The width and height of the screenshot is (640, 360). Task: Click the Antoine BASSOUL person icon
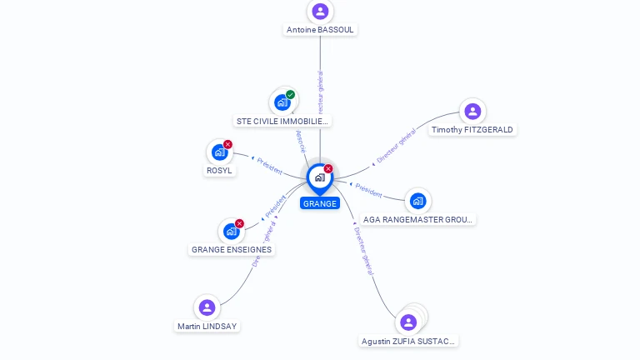(320, 12)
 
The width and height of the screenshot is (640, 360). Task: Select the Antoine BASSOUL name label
(320, 30)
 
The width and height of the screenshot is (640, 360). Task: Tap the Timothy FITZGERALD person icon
(472, 112)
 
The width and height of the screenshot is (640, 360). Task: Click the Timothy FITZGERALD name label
(472, 130)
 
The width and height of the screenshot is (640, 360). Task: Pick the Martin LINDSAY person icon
(207, 307)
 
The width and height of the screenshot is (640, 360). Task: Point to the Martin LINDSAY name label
(207, 327)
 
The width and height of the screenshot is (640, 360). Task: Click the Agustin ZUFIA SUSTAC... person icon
(408, 322)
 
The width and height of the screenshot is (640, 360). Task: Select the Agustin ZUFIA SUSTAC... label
(409, 342)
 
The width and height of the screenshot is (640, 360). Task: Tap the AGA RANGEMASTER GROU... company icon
(417, 201)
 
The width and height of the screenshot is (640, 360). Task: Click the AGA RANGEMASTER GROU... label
(418, 220)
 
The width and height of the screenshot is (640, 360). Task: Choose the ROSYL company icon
(219, 152)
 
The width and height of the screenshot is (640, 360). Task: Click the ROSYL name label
(220, 171)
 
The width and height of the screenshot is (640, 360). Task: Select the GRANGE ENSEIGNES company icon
(231, 232)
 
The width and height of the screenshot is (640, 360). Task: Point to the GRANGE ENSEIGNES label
(232, 250)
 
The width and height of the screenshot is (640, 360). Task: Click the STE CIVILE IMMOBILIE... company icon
(282, 102)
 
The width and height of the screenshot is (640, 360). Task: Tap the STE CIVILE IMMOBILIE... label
(283, 122)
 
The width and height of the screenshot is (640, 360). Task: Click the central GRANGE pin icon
(320, 177)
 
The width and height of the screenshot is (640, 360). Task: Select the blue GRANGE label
(320, 203)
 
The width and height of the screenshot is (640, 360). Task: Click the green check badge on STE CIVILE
(290, 95)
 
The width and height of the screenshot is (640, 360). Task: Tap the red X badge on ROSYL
(227, 144)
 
